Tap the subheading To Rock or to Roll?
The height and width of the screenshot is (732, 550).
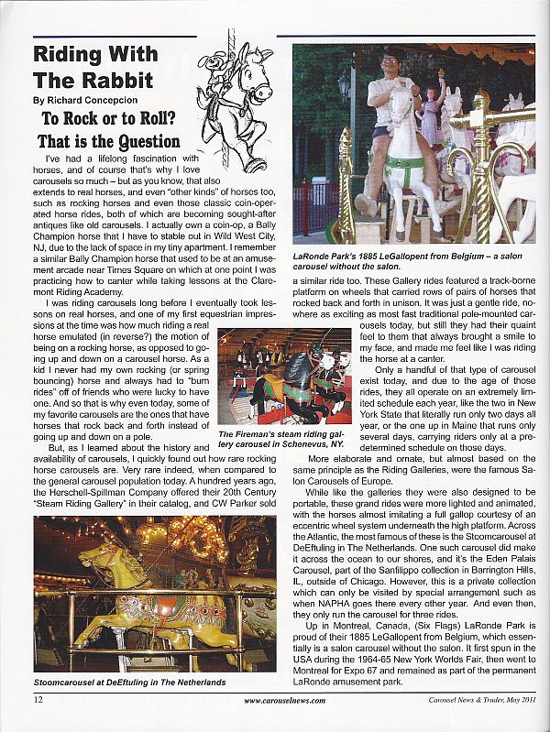tap(108, 119)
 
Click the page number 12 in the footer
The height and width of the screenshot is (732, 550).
tap(38, 701)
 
